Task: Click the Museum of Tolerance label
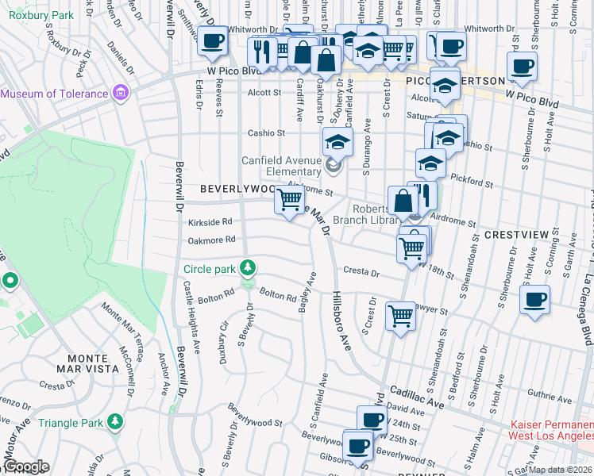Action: (x=54, y=94)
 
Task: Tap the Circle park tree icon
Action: (x=248, y=266)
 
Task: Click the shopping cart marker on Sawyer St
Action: (x=400, y=316)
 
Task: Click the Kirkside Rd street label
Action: (x=210, y=222)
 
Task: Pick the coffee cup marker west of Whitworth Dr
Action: (x=211, y=40)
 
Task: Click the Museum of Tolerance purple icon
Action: (x=121, y=94)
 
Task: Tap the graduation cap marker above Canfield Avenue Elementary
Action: (x=337, y=143)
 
